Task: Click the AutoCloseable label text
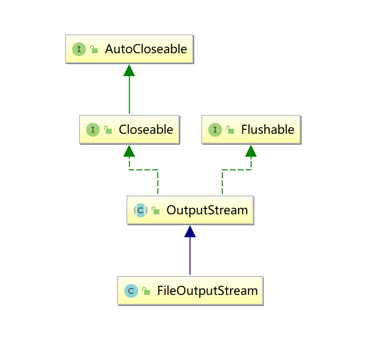(x=146, y=49)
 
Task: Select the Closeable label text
(x=146, y=130)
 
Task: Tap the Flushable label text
(x=267, y=130)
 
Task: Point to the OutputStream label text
(x=207, y=210)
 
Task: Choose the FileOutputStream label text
(x=207, y=290)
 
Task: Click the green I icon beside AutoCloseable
(x=78, y=49)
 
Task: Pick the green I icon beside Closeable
(x=92, y=130)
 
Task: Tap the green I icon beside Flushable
(x=215, y=130)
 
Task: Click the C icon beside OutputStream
(x=141, y=210)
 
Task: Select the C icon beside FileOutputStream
(x=131, y=290)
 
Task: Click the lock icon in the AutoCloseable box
(x=94, y=49)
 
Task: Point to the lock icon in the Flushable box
(x=230, y=130)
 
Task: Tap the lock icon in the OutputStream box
(x=155, y=210)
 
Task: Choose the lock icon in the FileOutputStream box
(x=146, y=291)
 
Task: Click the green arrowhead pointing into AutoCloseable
(x=129, y=70)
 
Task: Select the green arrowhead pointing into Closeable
(x=129, y=151)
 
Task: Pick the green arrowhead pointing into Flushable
(x=251, y=151)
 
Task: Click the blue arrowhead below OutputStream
(x=190, y=231)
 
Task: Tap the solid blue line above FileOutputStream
(x=190, y=256)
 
